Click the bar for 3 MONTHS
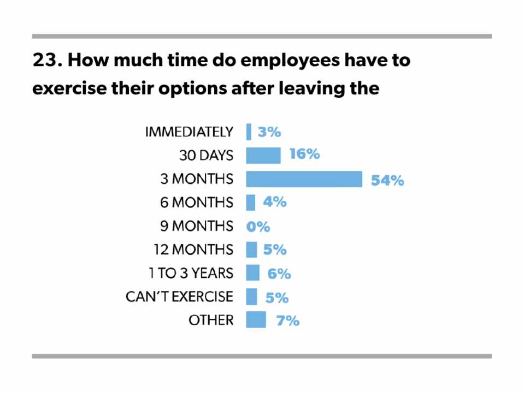[304, 179]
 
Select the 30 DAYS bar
[263, 156]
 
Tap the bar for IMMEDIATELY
[249, 132]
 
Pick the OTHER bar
[256, 320]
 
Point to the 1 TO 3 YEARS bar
[252, 273]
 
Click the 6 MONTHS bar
[250, 203]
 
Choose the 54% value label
[387, 180]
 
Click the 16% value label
[304, 154]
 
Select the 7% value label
[287, 321]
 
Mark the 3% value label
[269, 132]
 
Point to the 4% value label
[274, 202]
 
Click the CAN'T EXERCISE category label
[179, 297]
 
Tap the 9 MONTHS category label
[197, 226]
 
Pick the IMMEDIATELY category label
[189, 132]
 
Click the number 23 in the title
[45, 61]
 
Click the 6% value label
[279, 274]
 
